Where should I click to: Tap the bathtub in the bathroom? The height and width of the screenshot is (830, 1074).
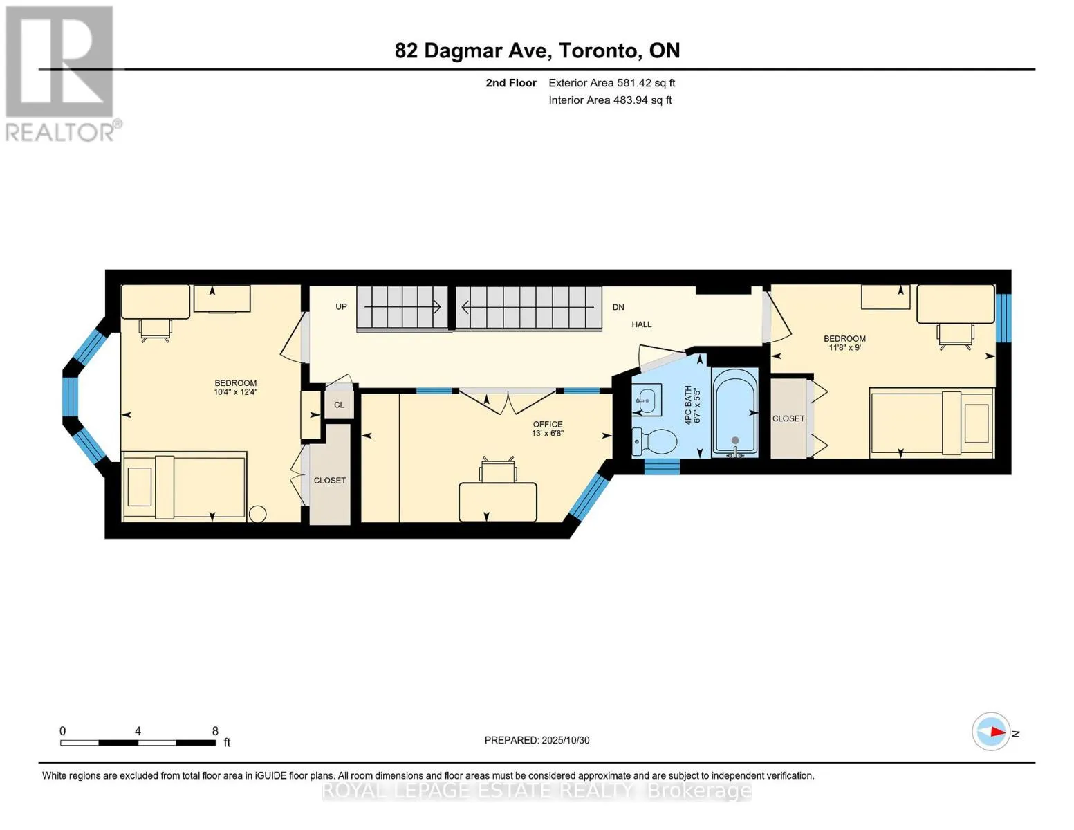(734, 412)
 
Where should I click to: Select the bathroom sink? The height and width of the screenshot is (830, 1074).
(646, 399)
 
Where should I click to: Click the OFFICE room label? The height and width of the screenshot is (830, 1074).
(547, 424)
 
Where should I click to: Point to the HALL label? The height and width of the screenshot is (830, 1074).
(641, 324)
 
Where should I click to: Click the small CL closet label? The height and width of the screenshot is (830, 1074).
(339, 405)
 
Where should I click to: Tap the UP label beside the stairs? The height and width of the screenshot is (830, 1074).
(341, 306)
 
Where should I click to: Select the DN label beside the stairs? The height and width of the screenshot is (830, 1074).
(618, 307)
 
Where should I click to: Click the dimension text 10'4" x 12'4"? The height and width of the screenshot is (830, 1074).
(235, 392)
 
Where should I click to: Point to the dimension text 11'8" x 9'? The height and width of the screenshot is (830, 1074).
(844, 347)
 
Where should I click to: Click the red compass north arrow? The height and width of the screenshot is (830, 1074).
(995, 732)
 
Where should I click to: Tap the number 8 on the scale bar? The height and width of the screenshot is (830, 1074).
(215, 730)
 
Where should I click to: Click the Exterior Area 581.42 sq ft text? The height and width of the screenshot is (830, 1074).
(611, 83)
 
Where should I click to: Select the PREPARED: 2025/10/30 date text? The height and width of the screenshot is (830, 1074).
(537, 740)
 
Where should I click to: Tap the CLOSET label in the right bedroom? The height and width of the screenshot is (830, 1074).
(788, 418)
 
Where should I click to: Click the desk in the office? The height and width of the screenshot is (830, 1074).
(497, 501)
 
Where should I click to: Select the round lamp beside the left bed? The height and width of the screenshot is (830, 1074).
(257, 514)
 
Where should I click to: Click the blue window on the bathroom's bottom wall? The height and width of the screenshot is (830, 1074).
(661, 467)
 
